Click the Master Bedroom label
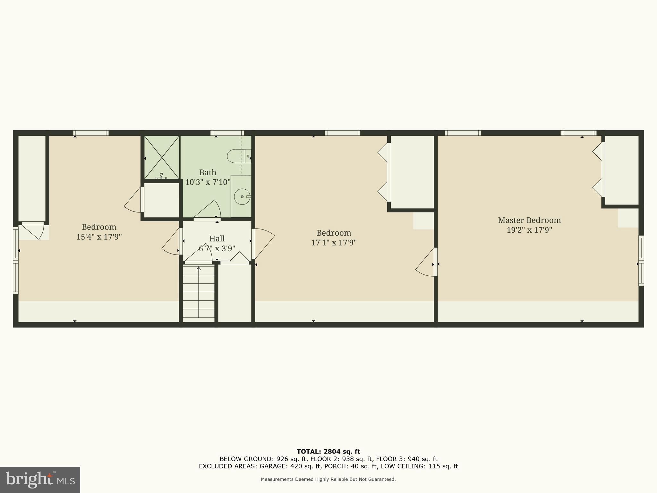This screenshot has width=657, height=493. tap(529, 220)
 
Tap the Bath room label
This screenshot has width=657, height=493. tap(208, 172)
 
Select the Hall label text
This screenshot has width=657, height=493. tap(217, 238)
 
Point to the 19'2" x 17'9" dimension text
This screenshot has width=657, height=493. tap(529, 230)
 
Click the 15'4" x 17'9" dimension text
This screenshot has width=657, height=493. tap(99, 237)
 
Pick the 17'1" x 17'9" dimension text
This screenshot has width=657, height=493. tap(334, 243)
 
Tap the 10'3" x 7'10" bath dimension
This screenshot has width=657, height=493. tap(208, 182)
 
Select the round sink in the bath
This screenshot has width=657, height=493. tap(242, 196)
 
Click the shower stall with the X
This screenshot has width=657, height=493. tap(161, 157)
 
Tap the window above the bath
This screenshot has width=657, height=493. tap(227, 133)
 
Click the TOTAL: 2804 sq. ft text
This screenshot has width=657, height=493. tap(328, 452)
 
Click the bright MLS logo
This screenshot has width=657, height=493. tap(40, 480)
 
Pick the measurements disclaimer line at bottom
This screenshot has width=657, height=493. tap(328, 480)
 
